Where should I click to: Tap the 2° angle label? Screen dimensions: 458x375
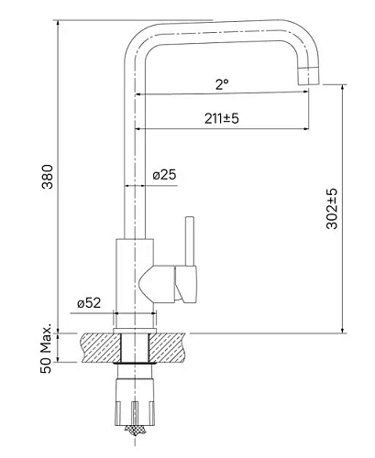221,84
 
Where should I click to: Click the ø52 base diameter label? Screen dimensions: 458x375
88,303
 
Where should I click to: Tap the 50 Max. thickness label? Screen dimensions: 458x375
46,346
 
